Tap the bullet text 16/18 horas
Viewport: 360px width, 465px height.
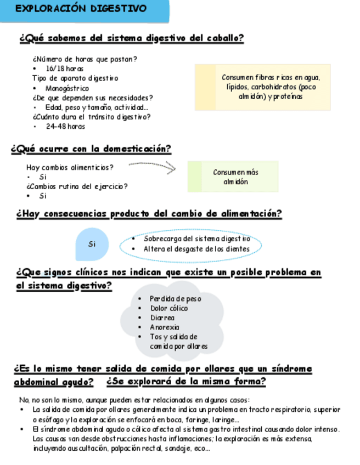[x=64, y=69]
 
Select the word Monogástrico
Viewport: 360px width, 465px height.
[x=67, y=88]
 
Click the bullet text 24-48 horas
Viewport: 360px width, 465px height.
[x=65, y=126]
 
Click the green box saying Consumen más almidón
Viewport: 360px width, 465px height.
[x=233, y=177]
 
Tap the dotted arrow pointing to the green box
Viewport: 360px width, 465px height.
[x=152, y=166]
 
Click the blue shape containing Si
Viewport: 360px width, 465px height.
[x=92, y=244]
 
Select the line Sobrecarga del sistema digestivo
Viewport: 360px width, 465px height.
[x=196, y=239]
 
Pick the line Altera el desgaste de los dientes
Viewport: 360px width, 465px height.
[x=196, y=249]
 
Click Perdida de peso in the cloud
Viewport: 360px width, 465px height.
[x=176, y=299]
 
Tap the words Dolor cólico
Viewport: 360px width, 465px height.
[x=169, y=308]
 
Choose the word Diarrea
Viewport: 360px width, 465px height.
[x=162, y=317]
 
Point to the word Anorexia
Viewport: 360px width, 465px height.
[x=165, y=327]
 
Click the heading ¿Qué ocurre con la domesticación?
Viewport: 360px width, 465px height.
[x=91, y=149]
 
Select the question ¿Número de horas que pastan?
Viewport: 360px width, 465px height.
[x=85, y=59]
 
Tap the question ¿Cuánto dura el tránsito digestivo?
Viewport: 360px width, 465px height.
[x=92, y=116]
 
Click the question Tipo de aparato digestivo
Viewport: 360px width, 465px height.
[x=75, y=78]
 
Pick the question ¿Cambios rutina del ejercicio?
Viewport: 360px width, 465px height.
[x=77, y=186]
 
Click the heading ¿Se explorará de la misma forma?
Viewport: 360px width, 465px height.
[x=186, y=382]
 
